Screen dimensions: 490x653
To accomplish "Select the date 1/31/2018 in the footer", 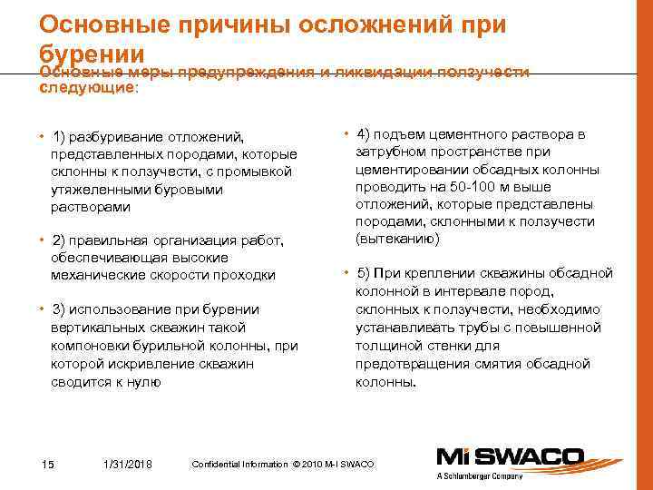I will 129,465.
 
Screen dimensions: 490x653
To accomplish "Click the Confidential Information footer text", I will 282,465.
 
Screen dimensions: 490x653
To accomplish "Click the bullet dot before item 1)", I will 43,137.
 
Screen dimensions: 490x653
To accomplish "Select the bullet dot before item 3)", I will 43,309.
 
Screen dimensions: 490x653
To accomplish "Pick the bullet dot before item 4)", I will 347,135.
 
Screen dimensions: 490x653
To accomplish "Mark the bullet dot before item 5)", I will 347,273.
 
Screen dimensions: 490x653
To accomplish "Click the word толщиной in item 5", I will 389,347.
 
